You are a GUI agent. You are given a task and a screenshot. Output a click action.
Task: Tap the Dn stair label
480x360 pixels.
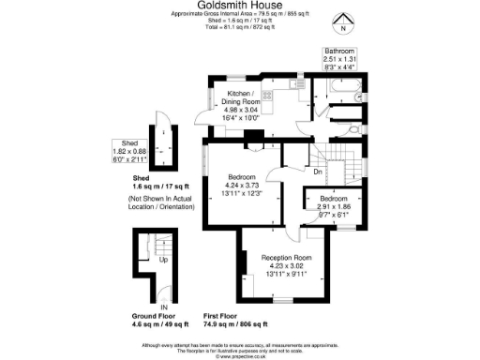(x=318, y=172)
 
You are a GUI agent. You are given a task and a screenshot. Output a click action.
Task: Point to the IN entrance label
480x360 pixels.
(x=163, y=307)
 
